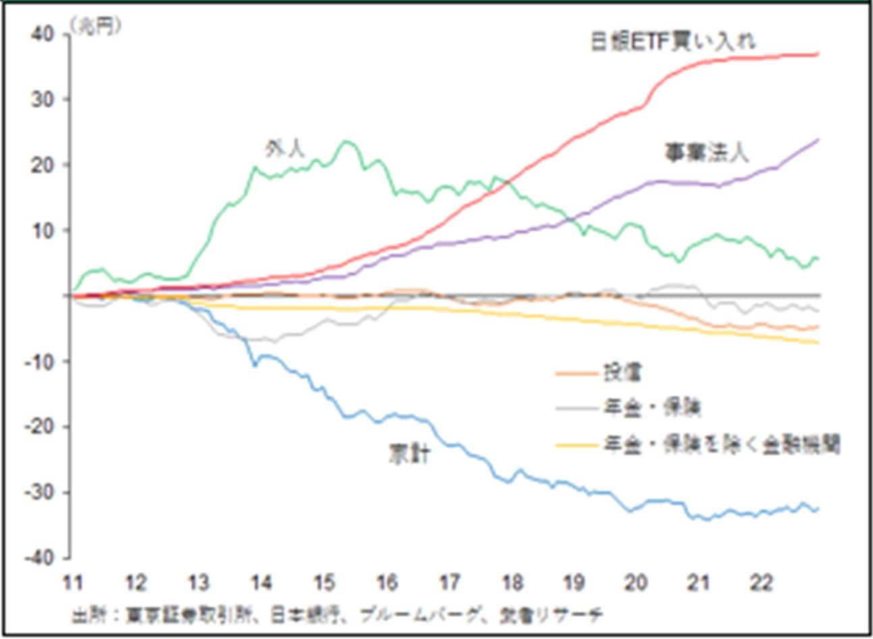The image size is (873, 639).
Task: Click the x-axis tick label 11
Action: [72, 583]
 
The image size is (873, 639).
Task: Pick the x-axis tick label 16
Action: [387, 583]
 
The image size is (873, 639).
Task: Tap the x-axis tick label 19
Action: [573, 583]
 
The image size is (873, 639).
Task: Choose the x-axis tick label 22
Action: [762, 583]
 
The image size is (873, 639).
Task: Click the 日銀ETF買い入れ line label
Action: [673, 42]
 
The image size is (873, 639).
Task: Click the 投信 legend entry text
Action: [622, 372]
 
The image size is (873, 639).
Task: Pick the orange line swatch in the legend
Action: [576, 373]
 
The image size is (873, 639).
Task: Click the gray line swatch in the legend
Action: [576, 409]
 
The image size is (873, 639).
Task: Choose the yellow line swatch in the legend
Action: [576, 445]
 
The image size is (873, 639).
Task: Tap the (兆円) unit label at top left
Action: [94, 26]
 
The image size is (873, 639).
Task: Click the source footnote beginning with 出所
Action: [337, 614]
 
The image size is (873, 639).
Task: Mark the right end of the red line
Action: [818, 54]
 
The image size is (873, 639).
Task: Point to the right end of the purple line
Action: [818, 140]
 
